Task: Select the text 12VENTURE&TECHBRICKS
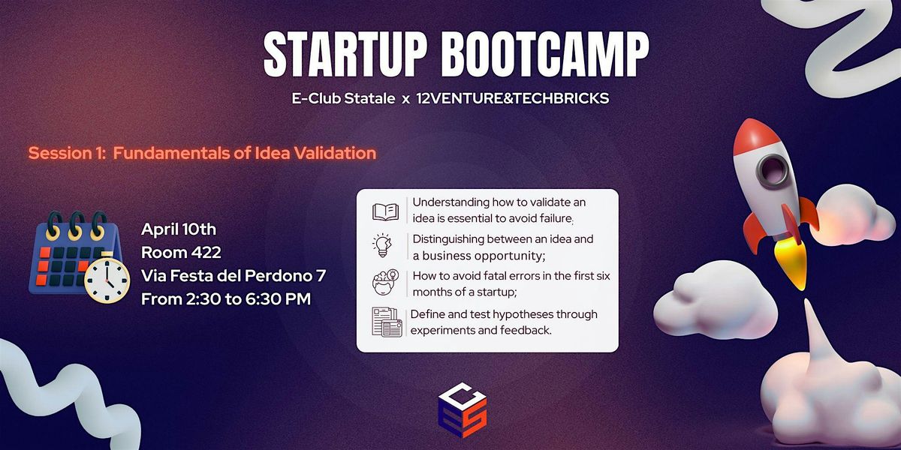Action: tap(512, 98)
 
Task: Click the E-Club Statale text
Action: tap(343, 98)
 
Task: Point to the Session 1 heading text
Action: tap(202, 153)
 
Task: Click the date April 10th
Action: tap(179, 229)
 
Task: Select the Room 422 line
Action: tap(181, 253)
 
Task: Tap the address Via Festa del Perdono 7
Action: tap(234, 276)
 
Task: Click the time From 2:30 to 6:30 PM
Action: tap(226, 299)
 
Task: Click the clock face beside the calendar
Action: tap(107, 280)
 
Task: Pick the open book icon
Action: tap(385, 211)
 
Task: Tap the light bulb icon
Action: tap(382, 245)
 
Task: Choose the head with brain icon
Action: tap(385, 283)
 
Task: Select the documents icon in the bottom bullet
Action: tap(387, 322)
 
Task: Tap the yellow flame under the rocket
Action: tap(791, 262)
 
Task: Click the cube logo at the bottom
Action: tap(463, 410)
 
